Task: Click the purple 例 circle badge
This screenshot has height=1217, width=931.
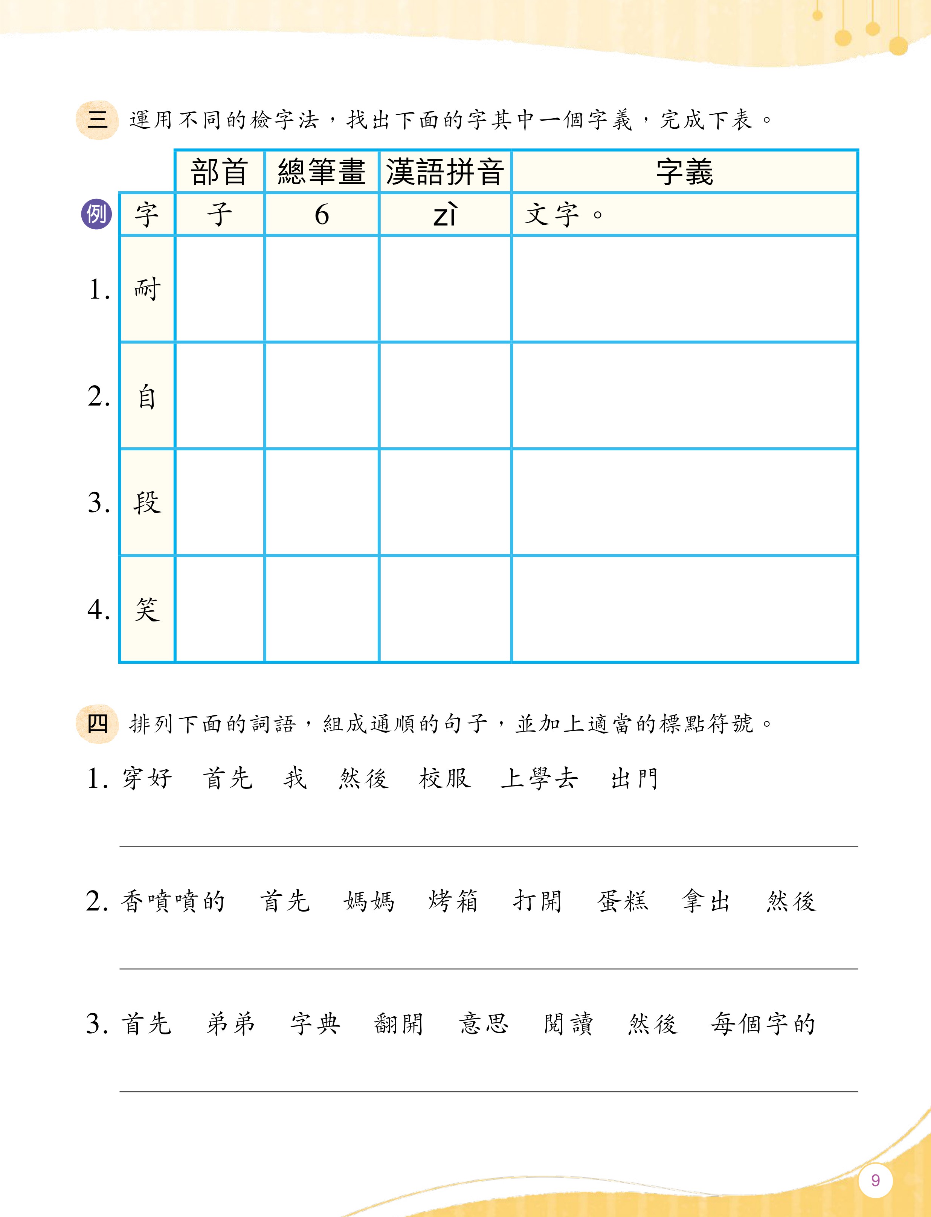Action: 96,214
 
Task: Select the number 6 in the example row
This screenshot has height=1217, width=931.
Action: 321,215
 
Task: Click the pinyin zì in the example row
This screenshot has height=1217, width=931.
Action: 445,215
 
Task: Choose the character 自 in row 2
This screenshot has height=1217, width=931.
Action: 147,397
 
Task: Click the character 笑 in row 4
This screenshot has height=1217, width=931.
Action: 147,609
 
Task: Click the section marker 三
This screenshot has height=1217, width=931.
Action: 98,120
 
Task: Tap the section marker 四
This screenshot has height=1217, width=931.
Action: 98,723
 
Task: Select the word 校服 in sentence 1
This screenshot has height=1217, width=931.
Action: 444,778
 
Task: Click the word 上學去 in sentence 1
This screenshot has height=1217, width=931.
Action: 539,778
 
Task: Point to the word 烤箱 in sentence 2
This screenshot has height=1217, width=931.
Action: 453,901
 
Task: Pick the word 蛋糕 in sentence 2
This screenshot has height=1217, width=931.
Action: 622,901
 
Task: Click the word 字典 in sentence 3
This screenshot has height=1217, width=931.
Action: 315,1024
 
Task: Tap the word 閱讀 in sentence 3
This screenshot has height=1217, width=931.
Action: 569,1024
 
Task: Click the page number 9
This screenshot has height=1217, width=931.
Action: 875,1180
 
